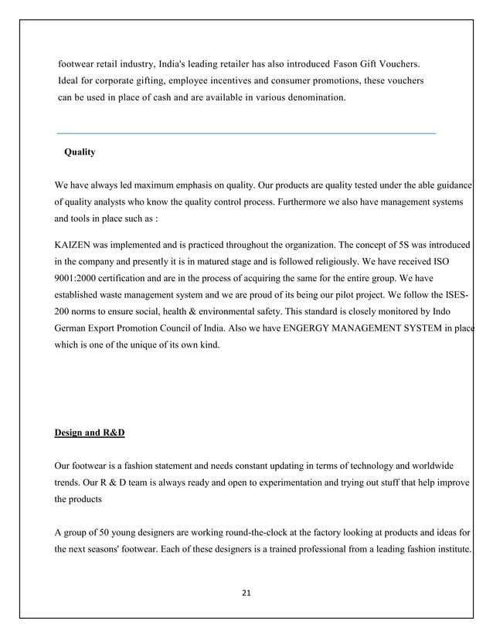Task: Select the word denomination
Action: point(313,98)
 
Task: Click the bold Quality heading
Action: point(80,153)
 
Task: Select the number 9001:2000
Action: point(77,279)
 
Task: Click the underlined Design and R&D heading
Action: point(90,433)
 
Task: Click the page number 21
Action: point(247,593)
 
